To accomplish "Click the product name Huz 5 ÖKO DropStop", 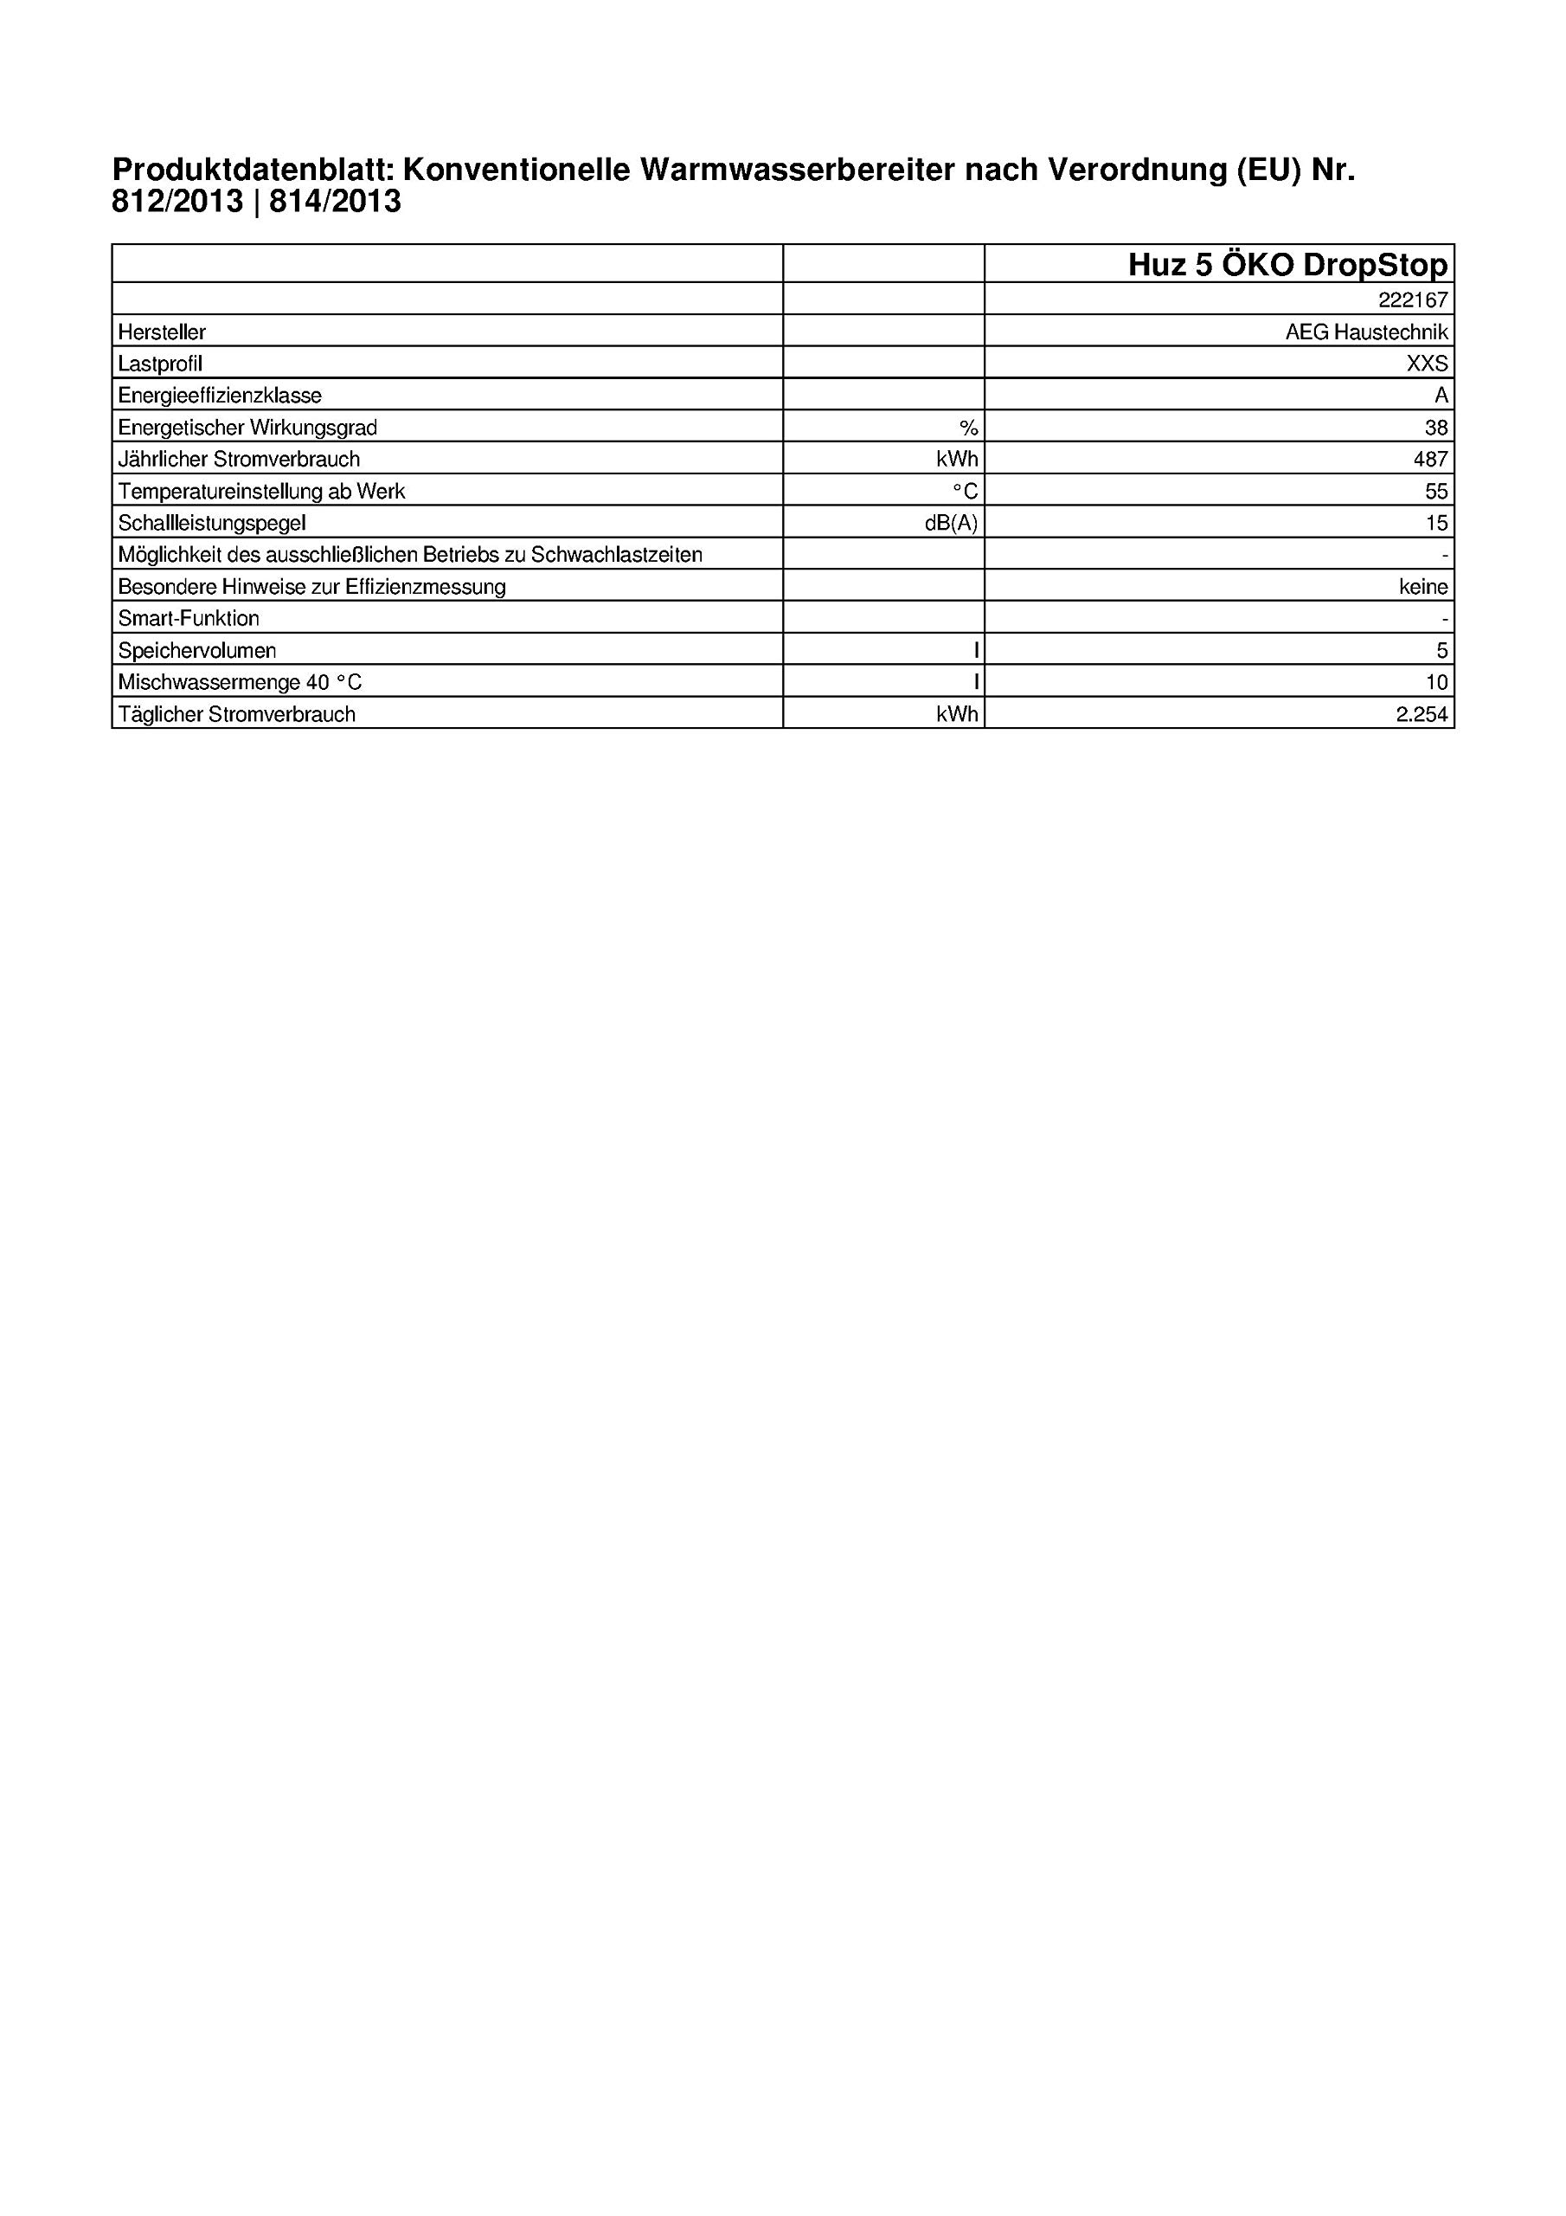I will click(x=1287, y=265).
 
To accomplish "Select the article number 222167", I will click(x=1413, y=300).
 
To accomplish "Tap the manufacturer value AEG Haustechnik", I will click(x=1366, y=332).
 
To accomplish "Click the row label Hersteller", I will click(x=162, y=332).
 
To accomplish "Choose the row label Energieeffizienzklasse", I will click(x=220, y=396).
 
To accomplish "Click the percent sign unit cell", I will click(x=968, y=428).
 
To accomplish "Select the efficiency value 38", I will click(x=1435, y=428).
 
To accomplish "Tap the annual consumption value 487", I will click(x=1430, y=460).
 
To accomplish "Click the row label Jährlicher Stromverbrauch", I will click(x=238, y=460).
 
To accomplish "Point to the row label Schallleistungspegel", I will click(x=211, y=523).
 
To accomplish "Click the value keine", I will click(x=1422, y=587).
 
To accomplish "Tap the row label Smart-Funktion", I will click(x=188, y=619).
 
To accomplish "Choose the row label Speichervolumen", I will click(x=197, y=650).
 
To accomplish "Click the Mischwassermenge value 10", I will click(x=1437, y=682).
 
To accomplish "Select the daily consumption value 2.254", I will click(x=1422, y=714).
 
